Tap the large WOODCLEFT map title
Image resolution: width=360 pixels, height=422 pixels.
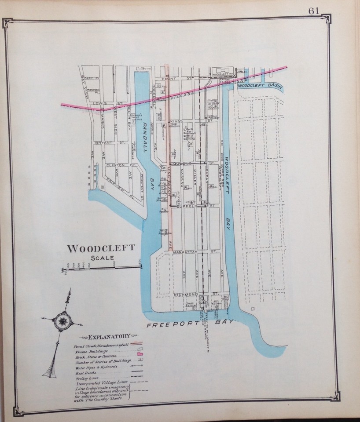[x=101, y=249]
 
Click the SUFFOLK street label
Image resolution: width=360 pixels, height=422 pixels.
[x=187, y=206]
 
